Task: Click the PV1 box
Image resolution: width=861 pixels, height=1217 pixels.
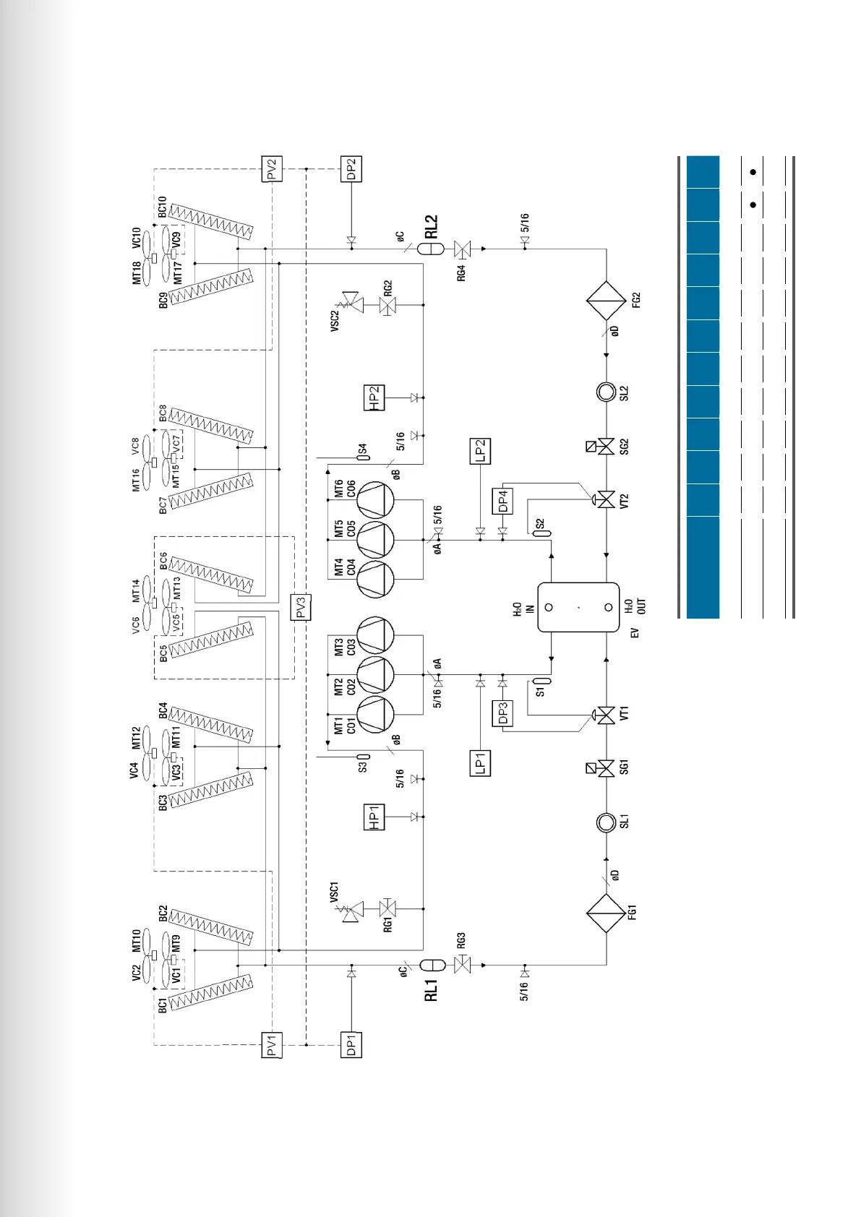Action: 272,1045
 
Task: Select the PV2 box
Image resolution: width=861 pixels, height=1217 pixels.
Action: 272,169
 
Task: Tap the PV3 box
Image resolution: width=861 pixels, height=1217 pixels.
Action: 301,607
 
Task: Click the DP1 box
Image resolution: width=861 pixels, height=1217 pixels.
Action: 351,1045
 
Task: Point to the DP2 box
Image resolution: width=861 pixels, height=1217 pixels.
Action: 351,169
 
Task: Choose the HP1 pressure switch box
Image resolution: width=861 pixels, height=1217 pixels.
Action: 374,817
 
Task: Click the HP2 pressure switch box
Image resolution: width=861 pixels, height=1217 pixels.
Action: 374,397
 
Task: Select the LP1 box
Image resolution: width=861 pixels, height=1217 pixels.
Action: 480,763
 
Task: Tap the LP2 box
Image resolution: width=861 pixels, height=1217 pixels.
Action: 480,451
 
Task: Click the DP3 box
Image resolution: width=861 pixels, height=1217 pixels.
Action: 502,713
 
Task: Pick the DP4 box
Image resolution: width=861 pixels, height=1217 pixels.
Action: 502,501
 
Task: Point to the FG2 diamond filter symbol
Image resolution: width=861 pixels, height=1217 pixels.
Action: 606,301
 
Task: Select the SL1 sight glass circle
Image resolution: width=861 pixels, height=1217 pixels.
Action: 606,822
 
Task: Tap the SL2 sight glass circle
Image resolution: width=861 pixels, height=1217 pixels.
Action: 606,392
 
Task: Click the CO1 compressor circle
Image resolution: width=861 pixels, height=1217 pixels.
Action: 376,715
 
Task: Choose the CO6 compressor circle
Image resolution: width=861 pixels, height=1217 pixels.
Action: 376,499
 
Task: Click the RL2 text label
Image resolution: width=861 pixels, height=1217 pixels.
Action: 432,226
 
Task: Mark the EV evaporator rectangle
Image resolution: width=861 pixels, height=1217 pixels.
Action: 578,607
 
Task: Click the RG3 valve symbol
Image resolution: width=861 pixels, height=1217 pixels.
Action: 461,964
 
